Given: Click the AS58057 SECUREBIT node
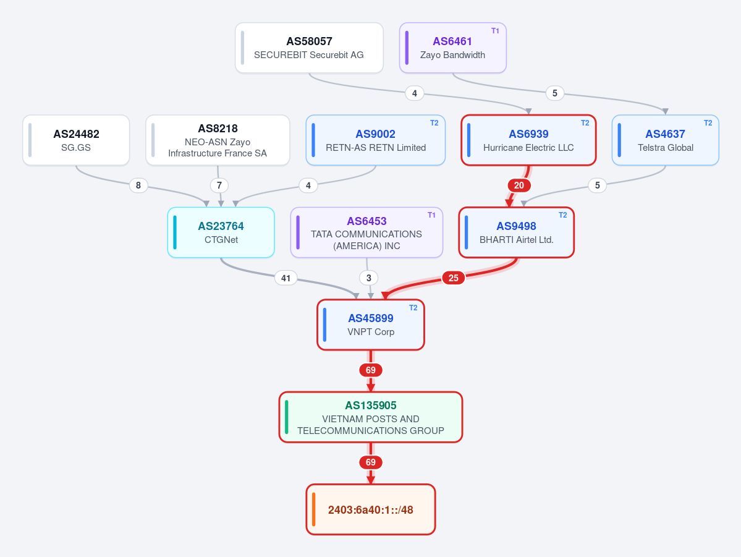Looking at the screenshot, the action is point(309,48).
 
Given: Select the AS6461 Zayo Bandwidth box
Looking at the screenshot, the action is point(453,48).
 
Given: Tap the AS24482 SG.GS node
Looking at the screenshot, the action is point(76,140).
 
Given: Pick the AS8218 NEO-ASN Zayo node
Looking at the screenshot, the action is point(218,140).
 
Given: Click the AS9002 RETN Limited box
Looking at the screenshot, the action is point(376,140).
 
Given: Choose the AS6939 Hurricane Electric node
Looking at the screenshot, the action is point(528,140).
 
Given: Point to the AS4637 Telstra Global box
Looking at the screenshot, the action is point(666,140).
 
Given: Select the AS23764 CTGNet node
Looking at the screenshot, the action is point(221,232).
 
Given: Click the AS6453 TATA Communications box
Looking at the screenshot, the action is point(366,232).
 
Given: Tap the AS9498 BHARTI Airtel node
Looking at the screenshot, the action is point(517,232).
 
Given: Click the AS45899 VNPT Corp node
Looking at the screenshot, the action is point(371,325).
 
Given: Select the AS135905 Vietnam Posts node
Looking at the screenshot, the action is point(371,417).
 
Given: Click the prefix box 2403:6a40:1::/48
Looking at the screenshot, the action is point(371,509).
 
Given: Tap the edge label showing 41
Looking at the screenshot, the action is point(286,278).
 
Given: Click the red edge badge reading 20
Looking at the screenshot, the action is point(519,185).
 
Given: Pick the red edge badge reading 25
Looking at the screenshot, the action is point(454,278).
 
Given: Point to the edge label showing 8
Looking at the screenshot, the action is point(138,185).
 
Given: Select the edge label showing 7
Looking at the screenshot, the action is point(219,185).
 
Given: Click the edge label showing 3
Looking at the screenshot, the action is point(369,278).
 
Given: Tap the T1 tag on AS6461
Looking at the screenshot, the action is point(495,31).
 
